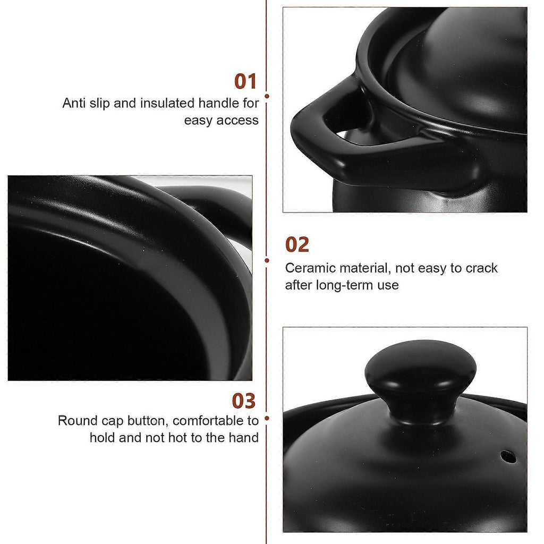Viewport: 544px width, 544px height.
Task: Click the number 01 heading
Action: pos(245,81)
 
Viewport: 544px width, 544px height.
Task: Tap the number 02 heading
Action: pos(297,244)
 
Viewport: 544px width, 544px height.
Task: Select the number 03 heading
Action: pos(243,401)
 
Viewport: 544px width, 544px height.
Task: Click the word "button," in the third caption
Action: pos(148,421)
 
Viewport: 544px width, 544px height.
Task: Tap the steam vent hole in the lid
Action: pos(508,457)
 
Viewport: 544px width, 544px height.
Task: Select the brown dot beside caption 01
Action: pos(267,96)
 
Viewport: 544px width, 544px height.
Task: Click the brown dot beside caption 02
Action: pos(267,260)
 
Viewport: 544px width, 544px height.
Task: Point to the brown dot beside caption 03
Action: pos(267,418)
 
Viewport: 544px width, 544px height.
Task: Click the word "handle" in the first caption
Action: pos(219,103)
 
